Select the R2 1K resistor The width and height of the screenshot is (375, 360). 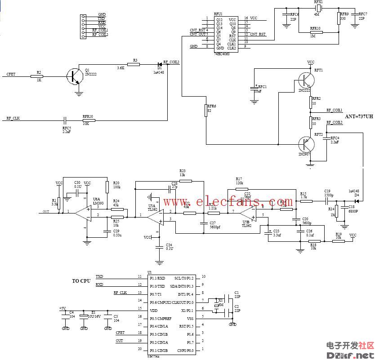(37, 76)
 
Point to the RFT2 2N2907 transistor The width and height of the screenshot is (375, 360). (306, 144)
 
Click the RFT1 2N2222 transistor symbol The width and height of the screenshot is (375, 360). (306, 80)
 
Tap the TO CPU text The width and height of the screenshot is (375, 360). (81, 281)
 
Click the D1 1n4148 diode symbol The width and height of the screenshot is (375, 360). (159, 64)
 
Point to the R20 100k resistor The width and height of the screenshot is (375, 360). (107, 187)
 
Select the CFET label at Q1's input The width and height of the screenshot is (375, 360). (11, 74)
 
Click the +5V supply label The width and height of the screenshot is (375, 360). (62, 308)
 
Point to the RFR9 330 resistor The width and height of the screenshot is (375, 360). (338, 18)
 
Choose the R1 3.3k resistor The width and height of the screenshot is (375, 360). (59, 203)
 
